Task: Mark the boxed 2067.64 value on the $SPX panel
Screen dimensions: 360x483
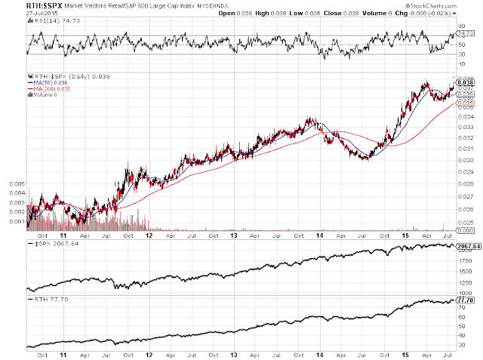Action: (469, 246)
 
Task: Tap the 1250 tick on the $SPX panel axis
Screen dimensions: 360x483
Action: (467, 283)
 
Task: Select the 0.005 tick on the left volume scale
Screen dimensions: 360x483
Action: (14, 183)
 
